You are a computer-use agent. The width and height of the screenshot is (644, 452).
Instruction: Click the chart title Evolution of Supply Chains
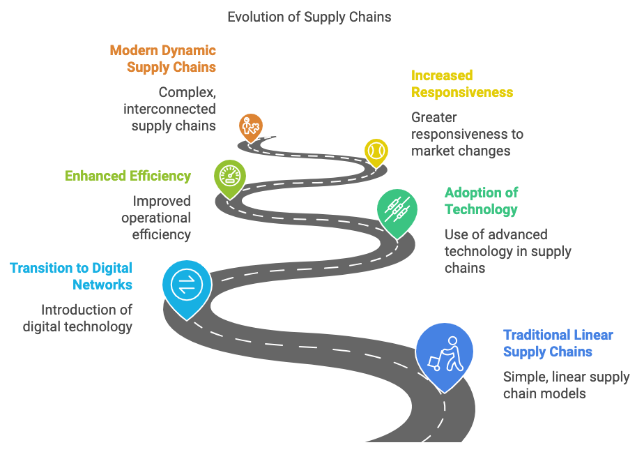coord(309,17)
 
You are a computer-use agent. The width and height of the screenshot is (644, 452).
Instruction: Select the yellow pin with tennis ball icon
coord(376,152)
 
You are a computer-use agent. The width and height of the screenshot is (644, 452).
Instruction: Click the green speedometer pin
coord(230,176)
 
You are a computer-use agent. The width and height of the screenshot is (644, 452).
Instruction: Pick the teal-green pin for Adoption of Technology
coord(397,211)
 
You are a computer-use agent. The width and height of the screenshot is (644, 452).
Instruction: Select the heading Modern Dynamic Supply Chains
coord(163,59)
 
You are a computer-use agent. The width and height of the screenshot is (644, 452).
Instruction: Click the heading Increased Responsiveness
coord(462,84)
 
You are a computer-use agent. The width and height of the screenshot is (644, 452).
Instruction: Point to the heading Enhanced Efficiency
coord(128,176)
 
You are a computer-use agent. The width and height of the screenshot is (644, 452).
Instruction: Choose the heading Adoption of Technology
coord(482,201)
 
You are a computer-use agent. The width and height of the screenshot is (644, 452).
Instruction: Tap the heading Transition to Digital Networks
coord(71,276)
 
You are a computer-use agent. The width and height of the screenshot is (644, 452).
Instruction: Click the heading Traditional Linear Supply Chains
coord(558,343)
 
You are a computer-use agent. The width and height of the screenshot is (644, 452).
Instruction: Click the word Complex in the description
coord(187,93)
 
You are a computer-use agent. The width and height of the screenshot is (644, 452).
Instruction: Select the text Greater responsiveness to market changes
coord(468,135)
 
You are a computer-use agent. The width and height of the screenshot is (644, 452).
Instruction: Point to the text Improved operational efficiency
coord(156,218)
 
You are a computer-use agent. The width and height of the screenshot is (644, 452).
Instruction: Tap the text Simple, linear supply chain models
coord(567,386)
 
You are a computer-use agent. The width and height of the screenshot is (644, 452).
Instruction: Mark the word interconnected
coord(169,109)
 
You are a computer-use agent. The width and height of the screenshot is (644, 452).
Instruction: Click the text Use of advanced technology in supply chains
coord(508,251)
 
